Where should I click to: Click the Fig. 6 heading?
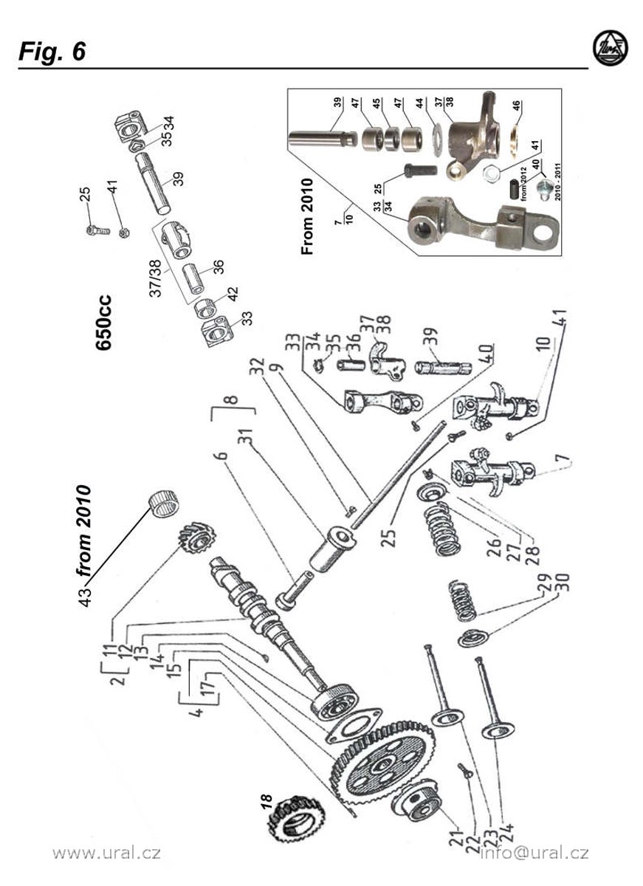[x=52, y=51]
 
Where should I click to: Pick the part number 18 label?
[x=266, y=802]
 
